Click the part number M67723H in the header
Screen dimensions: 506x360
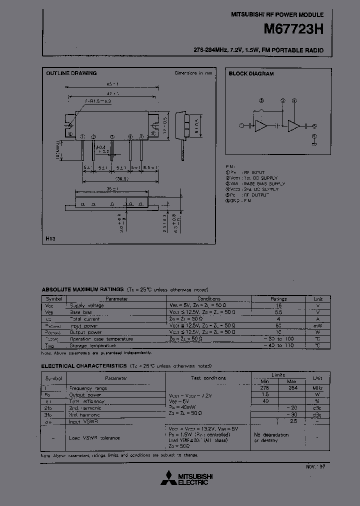pyautogui.click(x=293, y=29)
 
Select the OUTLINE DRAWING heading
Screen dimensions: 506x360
pyautogui.click(x=71, y=73)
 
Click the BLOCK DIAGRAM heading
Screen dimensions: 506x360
pyautogui.click(x=251, y=73)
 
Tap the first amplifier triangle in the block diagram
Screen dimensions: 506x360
pyautogui.click(x=261, y=126)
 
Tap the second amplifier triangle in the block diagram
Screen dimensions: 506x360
pyautogui.click(x=294, y=126)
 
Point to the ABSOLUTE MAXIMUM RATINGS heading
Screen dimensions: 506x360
pyautogui.click(x=82, y=289)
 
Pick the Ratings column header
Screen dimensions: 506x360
pyautogui.click(x=278, y=298)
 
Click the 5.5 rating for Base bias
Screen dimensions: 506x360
pyautogui.click(x=278, y=312)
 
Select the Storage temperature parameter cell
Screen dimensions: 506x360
pyautogui.click(x=93, y=345)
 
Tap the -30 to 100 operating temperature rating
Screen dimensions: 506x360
pyautogui.click(x=278, y=339)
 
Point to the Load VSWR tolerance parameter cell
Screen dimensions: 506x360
pyautogui.click(x=95, y=438)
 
